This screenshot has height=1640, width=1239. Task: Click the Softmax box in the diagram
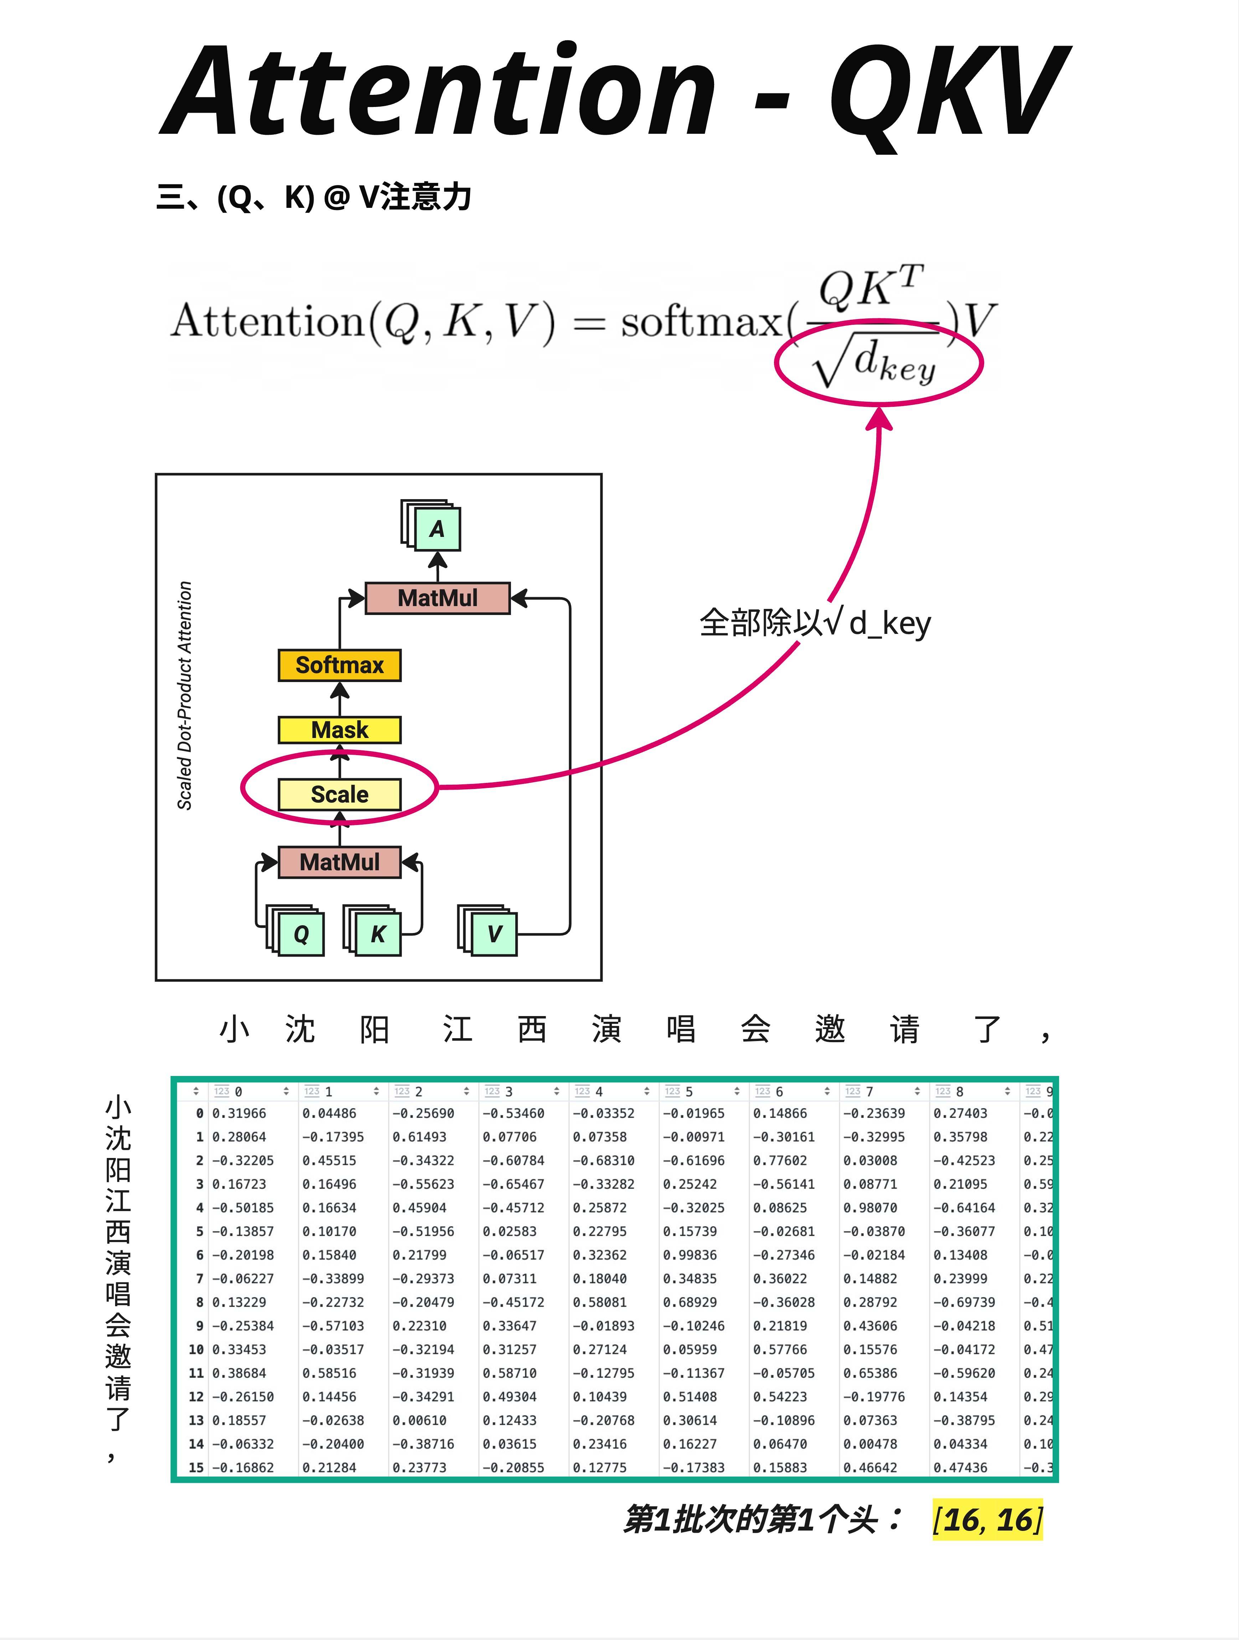click(339, 665)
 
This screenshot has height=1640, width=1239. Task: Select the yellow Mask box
click(339, 729)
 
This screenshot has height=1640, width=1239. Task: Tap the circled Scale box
click(339, 794)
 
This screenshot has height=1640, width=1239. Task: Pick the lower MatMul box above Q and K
click(339, 861)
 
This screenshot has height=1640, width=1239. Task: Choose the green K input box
click(378, 933)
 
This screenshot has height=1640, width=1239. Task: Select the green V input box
click(494, 933)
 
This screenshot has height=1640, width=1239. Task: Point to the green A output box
click(437, 529)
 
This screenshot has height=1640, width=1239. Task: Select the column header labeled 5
click(689, 1091)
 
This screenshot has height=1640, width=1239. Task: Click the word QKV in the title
click(949, 93)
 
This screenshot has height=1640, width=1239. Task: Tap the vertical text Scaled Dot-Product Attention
click(185, 696)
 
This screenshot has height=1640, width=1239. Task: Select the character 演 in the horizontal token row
click(606, 1029)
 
